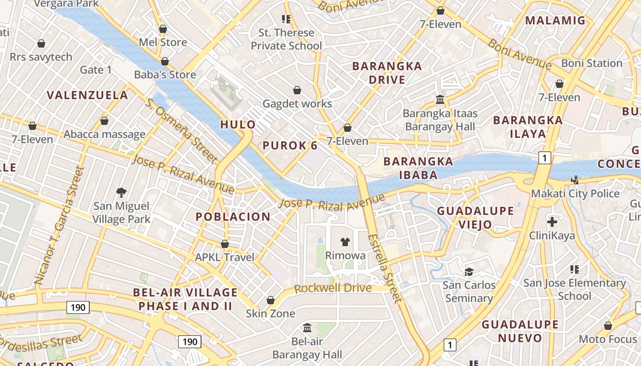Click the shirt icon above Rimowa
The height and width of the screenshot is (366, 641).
[x=345, y=242]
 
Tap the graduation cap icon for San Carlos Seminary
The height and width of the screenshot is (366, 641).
[x=469, y=272]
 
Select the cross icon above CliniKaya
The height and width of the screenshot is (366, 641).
[x=552, y=222]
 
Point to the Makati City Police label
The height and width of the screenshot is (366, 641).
[x=575, y=194]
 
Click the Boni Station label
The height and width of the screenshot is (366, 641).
[x=592, y=63]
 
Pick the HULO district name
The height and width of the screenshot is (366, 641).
[x=238, y=124]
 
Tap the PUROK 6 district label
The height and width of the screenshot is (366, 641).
[x=290, y=145]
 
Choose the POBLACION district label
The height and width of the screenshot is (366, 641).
[x=233, y=216]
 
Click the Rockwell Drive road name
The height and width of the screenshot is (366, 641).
[x=332, y=288]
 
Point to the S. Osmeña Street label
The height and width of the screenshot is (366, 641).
[x=181, y=130]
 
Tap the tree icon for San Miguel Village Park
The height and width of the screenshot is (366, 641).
[x=121, y=192]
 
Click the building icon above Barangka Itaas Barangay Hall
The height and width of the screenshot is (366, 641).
[x=440, y=99]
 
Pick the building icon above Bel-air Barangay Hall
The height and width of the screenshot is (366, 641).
[x=307, y=328]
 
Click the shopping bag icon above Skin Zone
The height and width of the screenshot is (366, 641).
[x=271, y=300]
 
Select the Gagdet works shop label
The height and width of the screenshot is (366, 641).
[x=297, y=104]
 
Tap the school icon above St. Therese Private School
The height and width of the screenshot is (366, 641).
[x=286, y=19]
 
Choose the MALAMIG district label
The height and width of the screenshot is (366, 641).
[x=555, y=20]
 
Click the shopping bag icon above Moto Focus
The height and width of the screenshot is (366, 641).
[x=608, y=326]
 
